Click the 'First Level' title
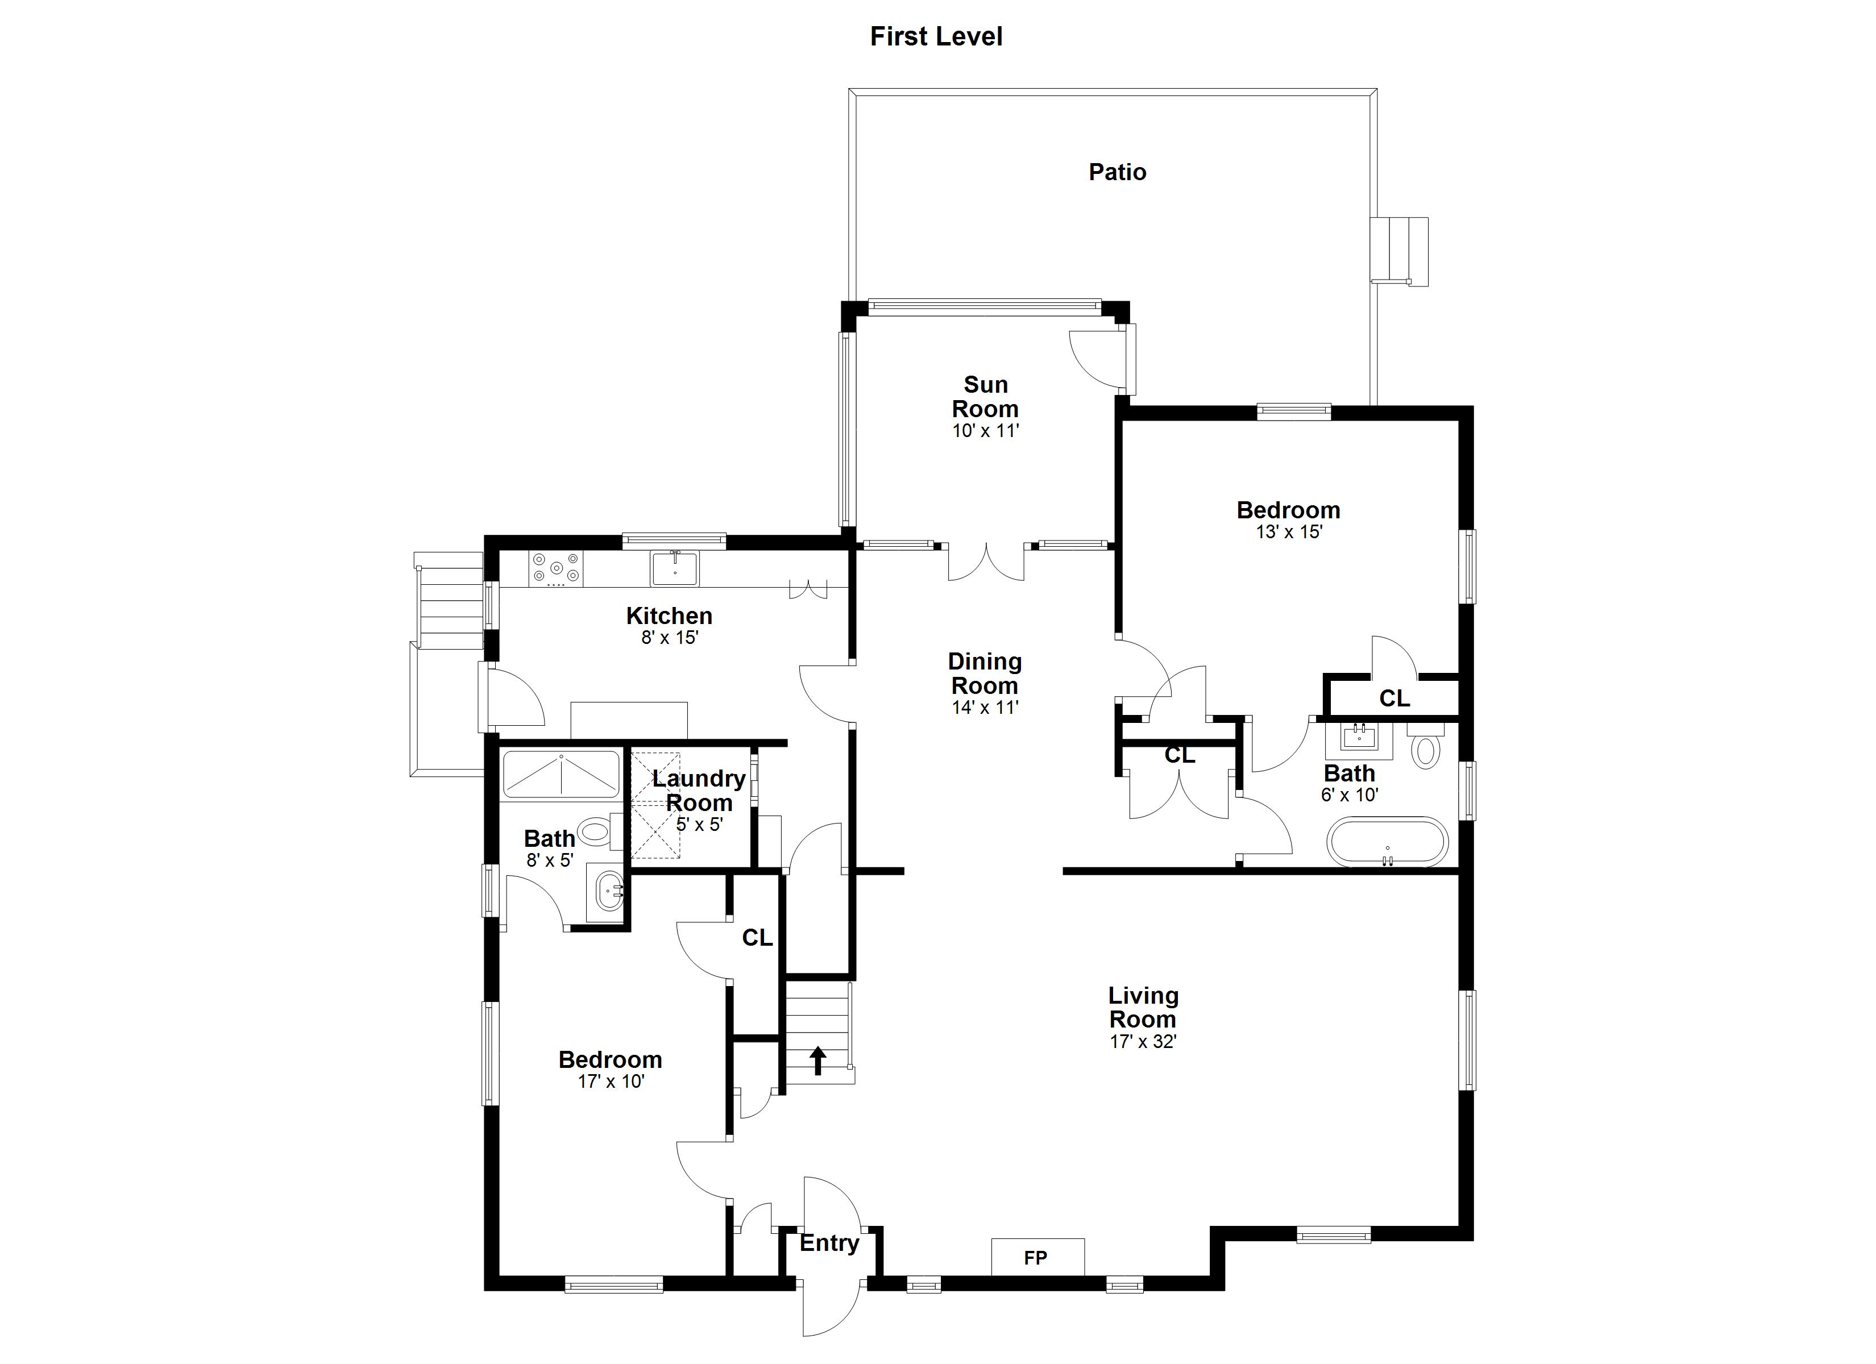(936, 36)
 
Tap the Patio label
(1118, 172)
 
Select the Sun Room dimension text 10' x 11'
(985, 431)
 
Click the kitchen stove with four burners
(557, 569)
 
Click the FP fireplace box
(1038, 1257)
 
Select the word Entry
(829, 1244)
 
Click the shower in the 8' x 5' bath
(561, 774)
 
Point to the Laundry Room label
(699, 790)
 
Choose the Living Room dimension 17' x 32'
(1143, 1041)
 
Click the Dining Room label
(984, 673)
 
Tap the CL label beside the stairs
(757, 937)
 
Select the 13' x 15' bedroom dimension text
(1289, 532)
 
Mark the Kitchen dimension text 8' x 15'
(670, 638)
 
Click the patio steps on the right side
(1400, 251)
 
